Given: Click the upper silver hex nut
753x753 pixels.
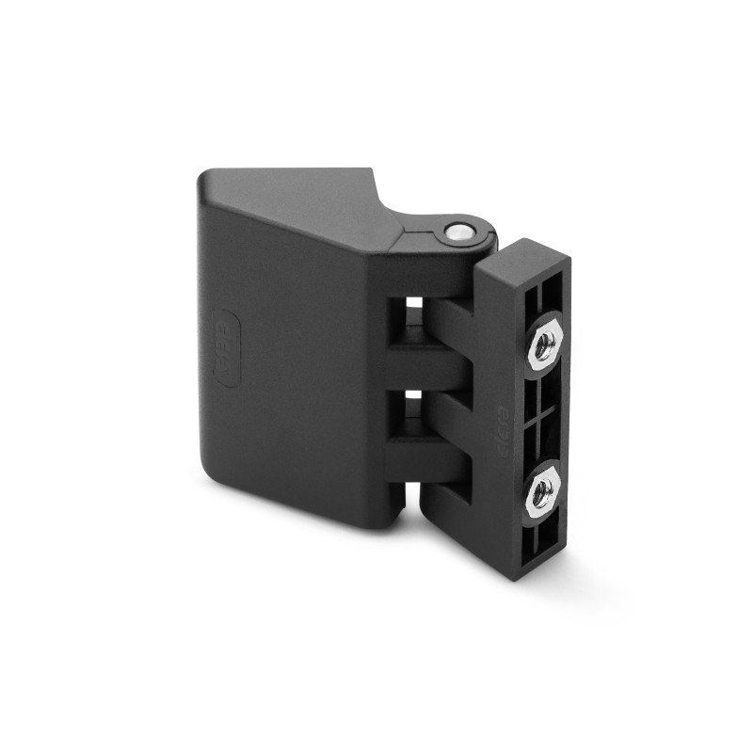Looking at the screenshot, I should pyautogui.click(x=544, y=346).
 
